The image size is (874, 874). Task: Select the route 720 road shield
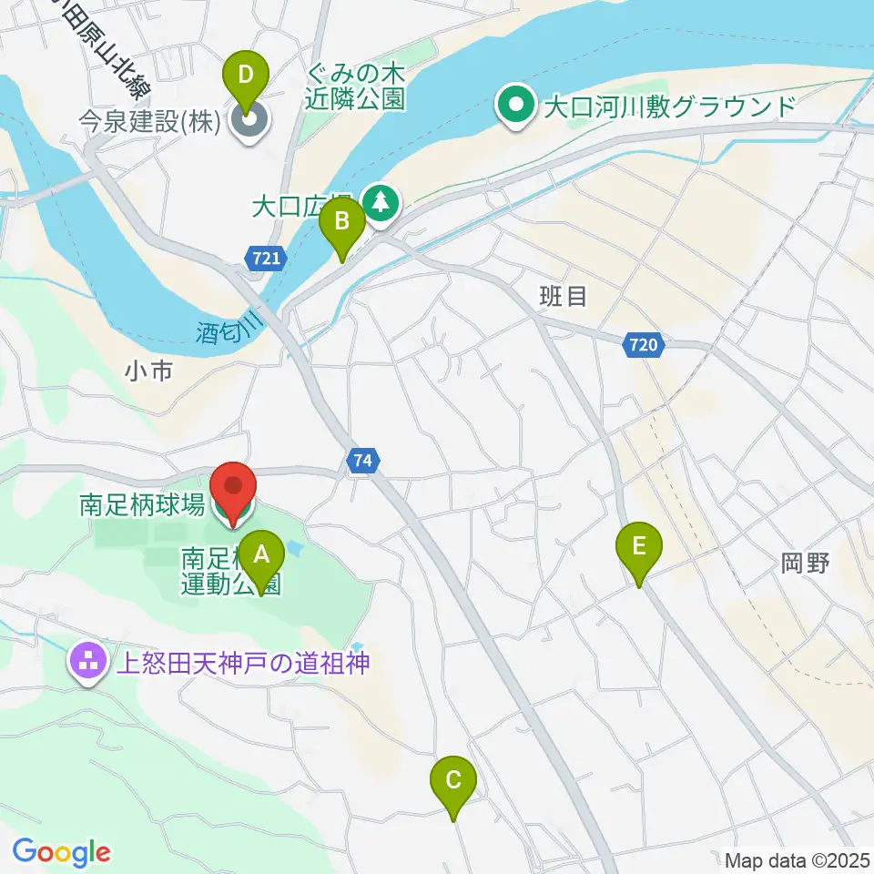[645, 345]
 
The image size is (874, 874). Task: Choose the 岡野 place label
[805, 564]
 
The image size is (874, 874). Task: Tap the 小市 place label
[149, 371]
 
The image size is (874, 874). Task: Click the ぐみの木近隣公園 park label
[356, 86]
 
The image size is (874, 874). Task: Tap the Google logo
[62, 852]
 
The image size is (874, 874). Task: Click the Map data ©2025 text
[798, 859]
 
